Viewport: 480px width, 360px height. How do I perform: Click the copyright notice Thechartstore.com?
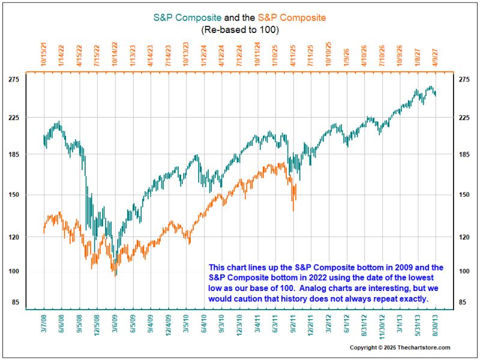click(400, 348)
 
